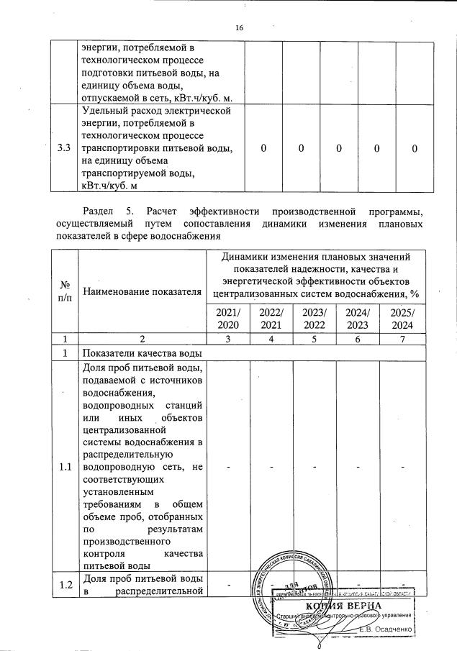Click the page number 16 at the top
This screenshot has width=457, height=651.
pyautogui.click(x=240, y=28)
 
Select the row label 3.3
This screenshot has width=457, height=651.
pyautogui.click(x=64, y=149)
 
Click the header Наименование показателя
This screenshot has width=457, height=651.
pyautogui.click(x=141, y=291)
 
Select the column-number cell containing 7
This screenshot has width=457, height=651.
pyautogui.click(x=403, y=338)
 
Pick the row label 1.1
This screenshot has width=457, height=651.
pyautogui.click(x=64, y=467)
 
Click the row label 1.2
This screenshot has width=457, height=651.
pyautogui.click(x=64, y=586)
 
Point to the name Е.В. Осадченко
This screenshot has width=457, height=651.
pyautogui.click(x=386, y=629)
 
